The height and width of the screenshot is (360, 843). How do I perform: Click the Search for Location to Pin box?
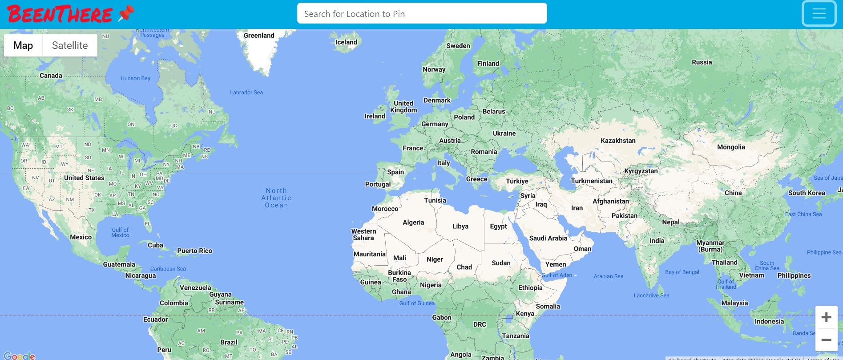pyautogui.click(x=422, y=14)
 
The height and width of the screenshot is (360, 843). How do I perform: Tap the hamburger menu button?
pyautogui.click(x=819, y=14)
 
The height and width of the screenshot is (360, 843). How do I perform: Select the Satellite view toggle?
pyautogui.click(x=70, y=45)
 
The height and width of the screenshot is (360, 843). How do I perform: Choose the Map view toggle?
pyautogui.click(x=23, y=45)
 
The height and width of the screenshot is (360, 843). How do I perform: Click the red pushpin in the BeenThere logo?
pyautogui.click(x=126, y=13)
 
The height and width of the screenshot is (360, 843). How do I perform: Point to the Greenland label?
pyautogui.click(x=259, y=36)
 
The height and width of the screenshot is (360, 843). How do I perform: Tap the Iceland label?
pyautogui.click(x=346, y=42)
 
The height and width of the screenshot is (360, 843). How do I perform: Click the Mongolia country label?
pyautogui.click(x=731, y=147)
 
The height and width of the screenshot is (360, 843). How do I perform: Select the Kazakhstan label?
pyautogui.click(x=618, y=141)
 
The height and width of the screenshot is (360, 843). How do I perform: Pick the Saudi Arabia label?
pyautogui.click(x=548, y=239)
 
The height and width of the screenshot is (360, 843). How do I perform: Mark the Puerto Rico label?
pyautogui.click(x=195, y=251)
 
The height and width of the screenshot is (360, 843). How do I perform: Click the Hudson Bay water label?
pyautogui.click(x=135, y=78)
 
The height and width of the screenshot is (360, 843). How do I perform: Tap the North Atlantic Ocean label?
pyautogui.click(x=276, y=198)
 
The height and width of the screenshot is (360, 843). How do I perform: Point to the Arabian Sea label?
pyautogui.click(x=608, y=276)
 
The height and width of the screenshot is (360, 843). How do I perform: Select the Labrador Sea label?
pyautogui.click(x=246, y=93)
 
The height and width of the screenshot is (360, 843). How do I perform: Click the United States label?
pyautogui.click(x=84, y=178)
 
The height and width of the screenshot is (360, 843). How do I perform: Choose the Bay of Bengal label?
pyautogui.click(x=682, y=272)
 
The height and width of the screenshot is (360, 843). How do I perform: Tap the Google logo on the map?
pyautogui.click(x=19, y=356)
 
